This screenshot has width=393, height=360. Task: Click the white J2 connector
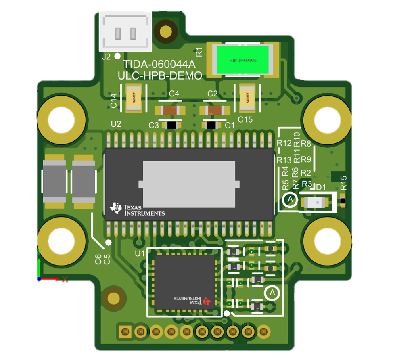(x=125, y=31)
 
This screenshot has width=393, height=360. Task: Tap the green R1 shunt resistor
(x=242, y=60)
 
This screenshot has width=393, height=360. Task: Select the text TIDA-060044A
(x=159, y=65)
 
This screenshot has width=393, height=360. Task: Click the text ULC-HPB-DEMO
(x=160, y=75)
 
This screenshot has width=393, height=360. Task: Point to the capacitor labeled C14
(x=134, y=98)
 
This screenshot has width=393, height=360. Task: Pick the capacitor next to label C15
(x=247, y=98)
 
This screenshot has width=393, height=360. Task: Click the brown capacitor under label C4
(x=170, y=110)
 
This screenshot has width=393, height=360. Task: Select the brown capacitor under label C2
(x=214, y=110)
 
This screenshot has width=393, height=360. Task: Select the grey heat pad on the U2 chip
(x=189, y=184)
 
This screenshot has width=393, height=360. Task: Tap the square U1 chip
(x=184, y=282)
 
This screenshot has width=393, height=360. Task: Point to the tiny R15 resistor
(x=343, y=201)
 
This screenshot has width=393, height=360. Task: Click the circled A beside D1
(x=289, y=200)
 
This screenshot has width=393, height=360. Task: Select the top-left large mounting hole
(x=62, y=120)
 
